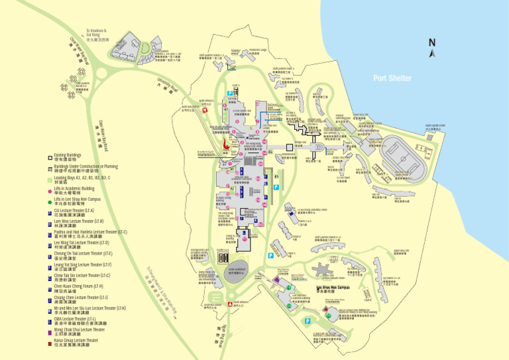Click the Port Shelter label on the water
392,78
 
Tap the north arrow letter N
431,42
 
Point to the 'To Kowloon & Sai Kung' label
96,34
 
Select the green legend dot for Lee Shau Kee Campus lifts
50,200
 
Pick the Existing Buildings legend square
50,158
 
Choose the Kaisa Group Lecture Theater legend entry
76,342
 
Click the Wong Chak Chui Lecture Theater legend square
50,331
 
